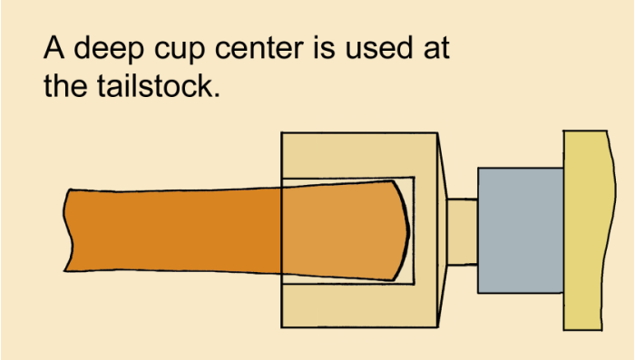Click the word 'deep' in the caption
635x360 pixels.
pyautogui.click(x=109, y=49)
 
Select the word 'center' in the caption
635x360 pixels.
pyautogui.click(x=259, y=49)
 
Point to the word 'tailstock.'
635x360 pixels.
pyautogui.click(x=159, y=85)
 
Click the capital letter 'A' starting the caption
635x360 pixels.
pyautogui.click(x=54, y=47)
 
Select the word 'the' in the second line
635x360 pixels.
pyautogui.click(x=65, y=85)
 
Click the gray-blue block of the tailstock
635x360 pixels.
pyautogui.click(x=521, y=230)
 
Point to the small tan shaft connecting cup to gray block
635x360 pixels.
pyautogui.click(x=462, y=231)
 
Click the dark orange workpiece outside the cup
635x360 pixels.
pyautogui.click(x=172, y=230)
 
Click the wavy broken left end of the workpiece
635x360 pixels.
pyautogui.click(x=68, y=230)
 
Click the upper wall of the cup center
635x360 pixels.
pyautogui.click(x=359, y=155)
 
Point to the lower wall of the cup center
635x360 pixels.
pyautogui.click(x=359, y=306)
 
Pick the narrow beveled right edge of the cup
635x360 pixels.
pyautogui.click(x=442, y=230)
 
